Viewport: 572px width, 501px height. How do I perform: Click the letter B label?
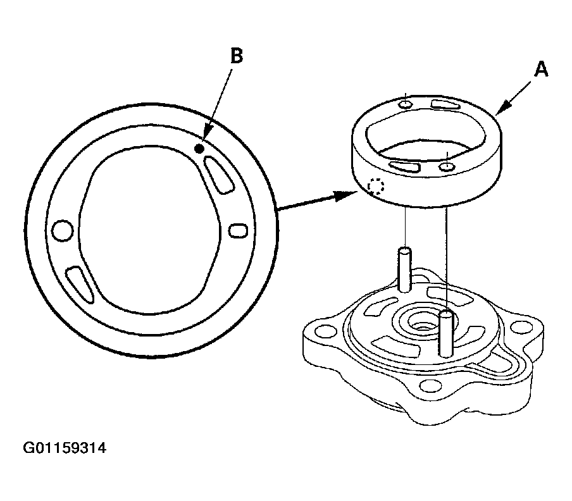coord(235,57)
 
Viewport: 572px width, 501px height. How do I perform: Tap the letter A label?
coord(540,70)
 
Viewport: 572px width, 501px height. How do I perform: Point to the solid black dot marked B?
coord(199,149)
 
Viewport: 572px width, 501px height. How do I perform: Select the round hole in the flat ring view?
coord(63,230)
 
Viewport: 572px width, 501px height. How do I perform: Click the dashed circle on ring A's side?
coord(376,187)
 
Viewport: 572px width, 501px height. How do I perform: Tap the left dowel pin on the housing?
coord(405,269)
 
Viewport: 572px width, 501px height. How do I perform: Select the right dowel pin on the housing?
coord(447,332)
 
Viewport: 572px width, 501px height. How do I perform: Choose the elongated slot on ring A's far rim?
coord(446,104)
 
